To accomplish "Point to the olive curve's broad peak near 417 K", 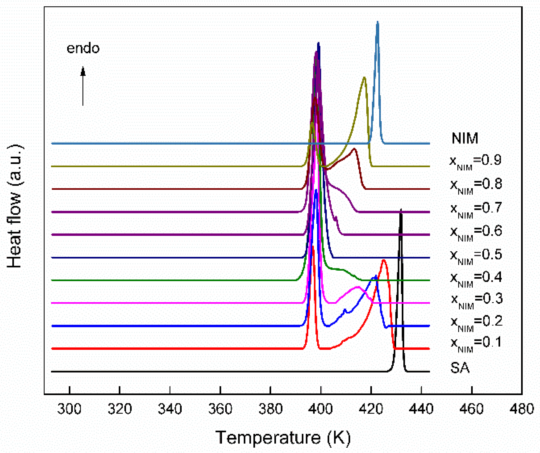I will (x=364, y=78).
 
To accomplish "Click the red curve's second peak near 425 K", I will (x=384, y=260).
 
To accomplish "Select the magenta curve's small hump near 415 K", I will (x=358, y=287).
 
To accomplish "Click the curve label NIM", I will (x=465, y=138).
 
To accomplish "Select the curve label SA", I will (x=460, y=368).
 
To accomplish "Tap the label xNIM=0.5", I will (x=476, y=255).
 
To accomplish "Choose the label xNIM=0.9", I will (x=475, y=161).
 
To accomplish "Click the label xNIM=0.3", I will (x=477, y=300).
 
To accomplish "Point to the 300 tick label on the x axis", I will (x=69, y=409).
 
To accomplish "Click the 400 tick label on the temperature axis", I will (x=320, y=409).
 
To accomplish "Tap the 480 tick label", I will (x=522, y=409).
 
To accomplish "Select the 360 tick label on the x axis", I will (x=220, y=409).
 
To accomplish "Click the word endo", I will (x=83, y=48).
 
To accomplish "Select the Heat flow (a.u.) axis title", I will (x=15, y=206).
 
